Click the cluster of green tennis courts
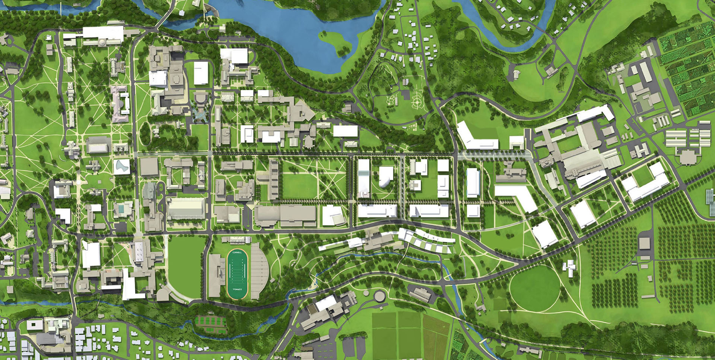coord(211,324)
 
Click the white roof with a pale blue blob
coord(122,166)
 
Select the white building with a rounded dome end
coord(385,176)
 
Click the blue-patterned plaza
coord(200,115)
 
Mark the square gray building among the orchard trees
coord(644,243)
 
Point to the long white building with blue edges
coord(473,182)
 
